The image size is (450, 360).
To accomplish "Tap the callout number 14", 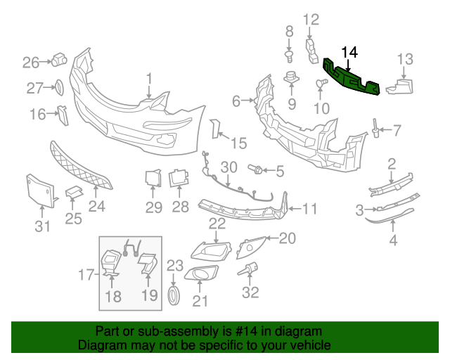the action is point(349,52).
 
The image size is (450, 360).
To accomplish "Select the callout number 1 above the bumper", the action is point(149,77).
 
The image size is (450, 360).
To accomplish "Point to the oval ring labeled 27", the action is point(59,88).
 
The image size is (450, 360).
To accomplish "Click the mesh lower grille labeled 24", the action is point(81,169).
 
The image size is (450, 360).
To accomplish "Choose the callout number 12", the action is point(311,20).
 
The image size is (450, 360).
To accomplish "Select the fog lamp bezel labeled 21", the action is point(205,276).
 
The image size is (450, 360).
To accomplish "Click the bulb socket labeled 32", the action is point(250,269).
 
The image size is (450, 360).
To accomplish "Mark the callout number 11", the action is point(309,209).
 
